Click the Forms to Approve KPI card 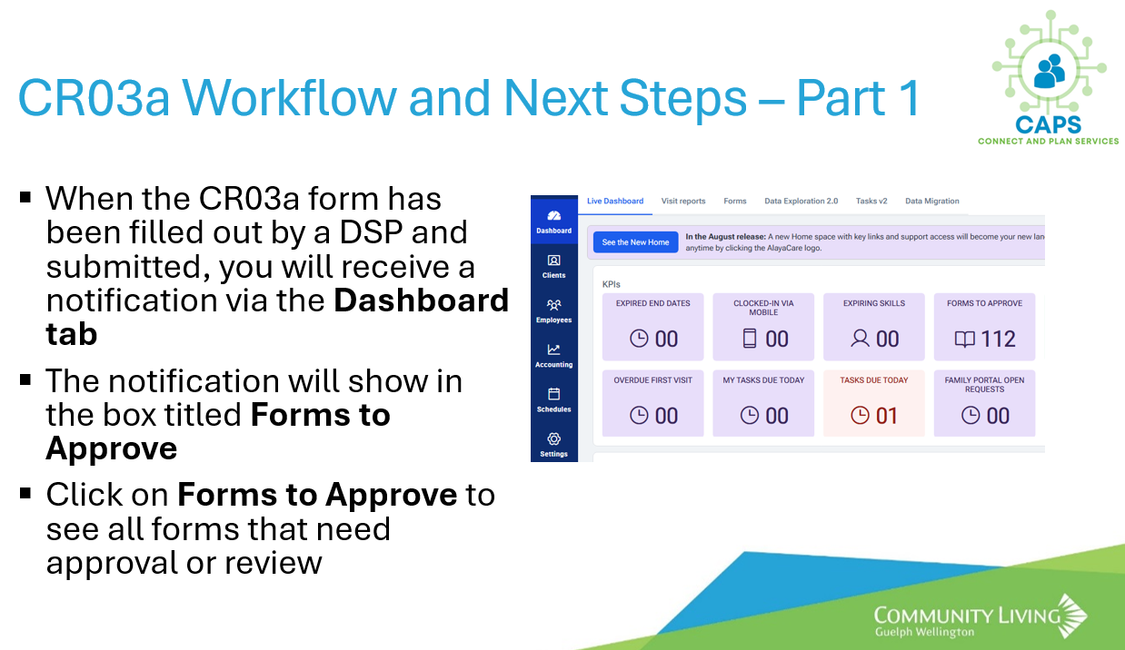click(984, 327)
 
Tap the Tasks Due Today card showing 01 click(874, 403)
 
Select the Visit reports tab click(683, 202)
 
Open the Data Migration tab click(932, 202)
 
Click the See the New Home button click(635, 242)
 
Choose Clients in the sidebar click(554, 267)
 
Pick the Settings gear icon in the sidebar click(554, 438)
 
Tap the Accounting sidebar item click(554, 356)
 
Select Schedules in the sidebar click(554, 400)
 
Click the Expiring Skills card click(874, 327)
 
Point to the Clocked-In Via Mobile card click(763, 327)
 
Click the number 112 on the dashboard click(998, 339)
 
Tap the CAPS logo click(1049, 78)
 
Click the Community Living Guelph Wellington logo click(981, 617)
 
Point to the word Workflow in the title click(289, 98)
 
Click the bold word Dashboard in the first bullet click(422, 300)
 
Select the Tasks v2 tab click(871, 202)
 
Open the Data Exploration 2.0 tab click(801, 202)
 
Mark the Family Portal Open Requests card click(984, 403)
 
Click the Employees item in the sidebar click(554, 311)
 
